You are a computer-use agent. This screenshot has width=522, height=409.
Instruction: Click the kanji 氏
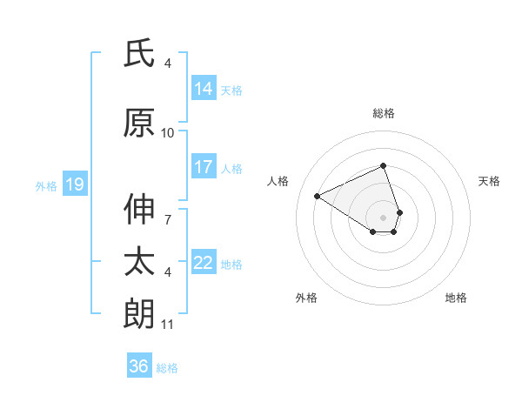pos(139,54)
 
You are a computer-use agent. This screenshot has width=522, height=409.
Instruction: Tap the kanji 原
pos(139,123)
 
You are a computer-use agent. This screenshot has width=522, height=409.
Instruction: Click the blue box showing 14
pos(204,88)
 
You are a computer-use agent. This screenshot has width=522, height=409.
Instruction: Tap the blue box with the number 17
pos(204,167)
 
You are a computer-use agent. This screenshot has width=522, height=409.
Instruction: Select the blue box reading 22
pos(204,263)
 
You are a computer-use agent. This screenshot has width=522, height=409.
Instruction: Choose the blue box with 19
pos(74,184)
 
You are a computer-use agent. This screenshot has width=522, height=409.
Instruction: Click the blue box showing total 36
pos(139,366)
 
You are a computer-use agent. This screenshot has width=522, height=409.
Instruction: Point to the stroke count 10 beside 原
pos(168,133)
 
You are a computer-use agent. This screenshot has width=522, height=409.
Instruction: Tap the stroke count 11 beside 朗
pos(168,325)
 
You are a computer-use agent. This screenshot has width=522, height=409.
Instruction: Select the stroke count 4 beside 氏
pos(168,64)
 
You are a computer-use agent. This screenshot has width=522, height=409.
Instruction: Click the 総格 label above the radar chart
pos(384,113)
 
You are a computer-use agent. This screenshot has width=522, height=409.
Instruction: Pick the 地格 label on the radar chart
pos(456,298)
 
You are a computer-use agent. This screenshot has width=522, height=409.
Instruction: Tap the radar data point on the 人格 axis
pos(318,196)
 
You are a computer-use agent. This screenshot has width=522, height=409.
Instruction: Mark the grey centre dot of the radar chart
pos(384,217)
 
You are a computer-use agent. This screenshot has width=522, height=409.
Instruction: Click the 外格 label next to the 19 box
pos(46,185)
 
